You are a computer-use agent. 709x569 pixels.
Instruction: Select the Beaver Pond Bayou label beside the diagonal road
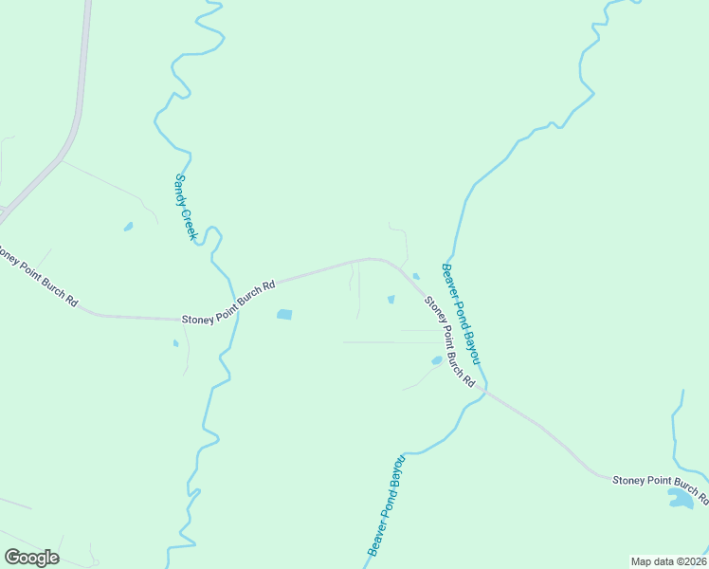pos(462,314)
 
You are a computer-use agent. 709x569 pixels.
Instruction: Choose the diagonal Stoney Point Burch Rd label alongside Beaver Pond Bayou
pos(448,340)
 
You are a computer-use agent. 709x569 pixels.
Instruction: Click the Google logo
pos(31,558)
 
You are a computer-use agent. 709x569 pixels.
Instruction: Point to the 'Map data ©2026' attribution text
pos(668,561)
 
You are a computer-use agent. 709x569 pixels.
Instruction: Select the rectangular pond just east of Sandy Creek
pos(283,314)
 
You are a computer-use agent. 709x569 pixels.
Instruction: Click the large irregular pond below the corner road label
pos(682,498)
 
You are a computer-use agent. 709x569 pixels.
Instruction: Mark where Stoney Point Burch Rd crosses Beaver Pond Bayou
pos(483,388)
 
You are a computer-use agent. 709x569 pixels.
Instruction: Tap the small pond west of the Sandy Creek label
pos(128,227)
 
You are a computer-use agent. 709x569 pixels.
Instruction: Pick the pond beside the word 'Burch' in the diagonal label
pos(436,360)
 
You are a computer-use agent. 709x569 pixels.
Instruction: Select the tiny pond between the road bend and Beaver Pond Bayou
pos(415,276)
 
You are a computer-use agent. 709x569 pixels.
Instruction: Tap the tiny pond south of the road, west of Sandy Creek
pos(175,343)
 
